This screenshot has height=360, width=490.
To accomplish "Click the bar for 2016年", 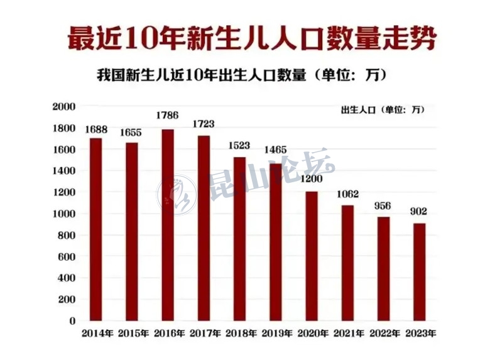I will (x=168, y=225).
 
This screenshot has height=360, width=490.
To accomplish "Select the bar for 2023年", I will (x=420, y=271).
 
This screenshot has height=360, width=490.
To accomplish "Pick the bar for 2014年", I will (x=95, y=229).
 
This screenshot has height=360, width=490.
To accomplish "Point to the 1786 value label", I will (x=167, y=116).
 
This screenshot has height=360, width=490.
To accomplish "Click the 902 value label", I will (x=419, y=212).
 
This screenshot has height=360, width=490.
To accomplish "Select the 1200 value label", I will (x=312, y=178).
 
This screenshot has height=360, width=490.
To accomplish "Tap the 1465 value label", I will (x=275, y=150).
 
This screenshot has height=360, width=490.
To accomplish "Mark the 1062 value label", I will (x=347, y=194).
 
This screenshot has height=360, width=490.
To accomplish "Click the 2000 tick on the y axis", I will (x=64, y=107).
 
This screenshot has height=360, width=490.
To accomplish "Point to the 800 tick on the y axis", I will (x=67, y=236).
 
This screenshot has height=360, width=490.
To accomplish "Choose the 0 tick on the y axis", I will (x=72, y=321).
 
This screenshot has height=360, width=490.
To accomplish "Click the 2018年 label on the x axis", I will (x=239, y=333).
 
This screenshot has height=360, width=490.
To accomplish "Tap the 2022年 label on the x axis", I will (x=383, y=333).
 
